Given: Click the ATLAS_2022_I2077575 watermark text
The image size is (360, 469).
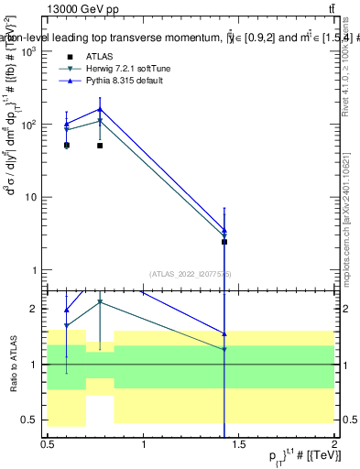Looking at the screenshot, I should pos(191,274).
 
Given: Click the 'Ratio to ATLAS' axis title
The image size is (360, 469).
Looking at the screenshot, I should pos(13,365).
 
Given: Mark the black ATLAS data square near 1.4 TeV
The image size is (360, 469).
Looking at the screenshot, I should pos(224,242).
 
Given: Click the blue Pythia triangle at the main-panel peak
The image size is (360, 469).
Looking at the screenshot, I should pos(100,109).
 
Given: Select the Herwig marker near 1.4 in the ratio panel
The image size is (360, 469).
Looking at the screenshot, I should pos(224,349).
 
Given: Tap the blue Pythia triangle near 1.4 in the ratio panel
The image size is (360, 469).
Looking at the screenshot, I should pos(224,333).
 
